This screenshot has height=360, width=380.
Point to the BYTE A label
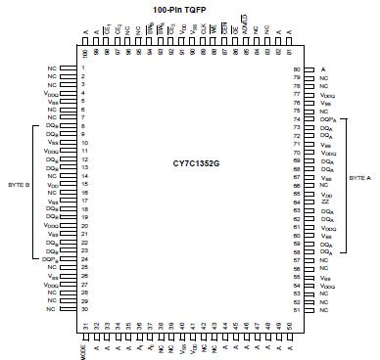pyautogui.click(x=360, y=180)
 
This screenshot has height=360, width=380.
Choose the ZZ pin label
pyautogui.click(x=325, y=202)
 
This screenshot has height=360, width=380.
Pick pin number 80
pyautogui.click(x=296, y=70)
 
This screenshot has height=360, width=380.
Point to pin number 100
pyautogui.click(x=85, y=54)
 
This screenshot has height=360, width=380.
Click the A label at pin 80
pyautogui.click(x=323, y=70)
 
